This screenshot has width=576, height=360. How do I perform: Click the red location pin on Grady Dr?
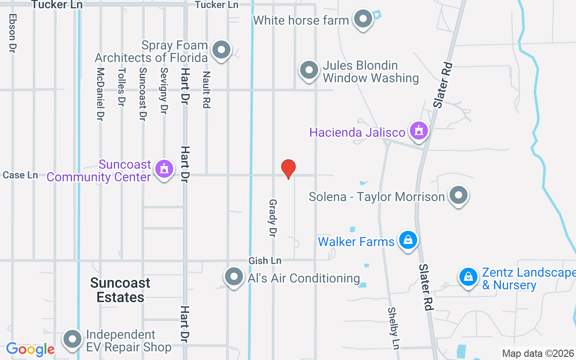288,169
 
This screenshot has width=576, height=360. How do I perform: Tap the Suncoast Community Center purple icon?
164,169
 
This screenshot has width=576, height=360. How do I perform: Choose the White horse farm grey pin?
363,19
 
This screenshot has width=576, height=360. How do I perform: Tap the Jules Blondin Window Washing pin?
309,70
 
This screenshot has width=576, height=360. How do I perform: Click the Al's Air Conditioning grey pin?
234,277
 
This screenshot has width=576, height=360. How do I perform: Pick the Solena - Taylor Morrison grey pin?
459,196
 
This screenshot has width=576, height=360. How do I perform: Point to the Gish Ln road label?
265,261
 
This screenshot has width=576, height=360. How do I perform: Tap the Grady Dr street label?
272,218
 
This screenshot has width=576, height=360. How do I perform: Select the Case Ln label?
20,175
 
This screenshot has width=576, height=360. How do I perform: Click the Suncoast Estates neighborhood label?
120,290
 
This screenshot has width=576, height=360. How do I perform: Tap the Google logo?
30,349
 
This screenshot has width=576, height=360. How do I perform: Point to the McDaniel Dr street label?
100,94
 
